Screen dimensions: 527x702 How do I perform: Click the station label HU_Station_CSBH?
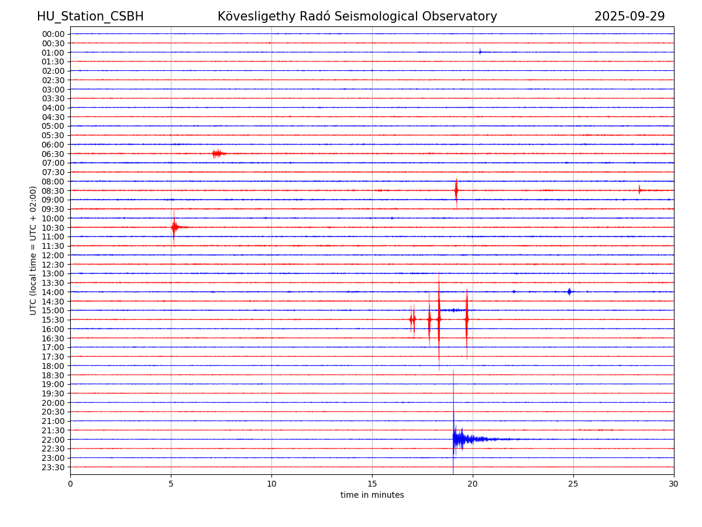pyautogui.click(x=90, y=16)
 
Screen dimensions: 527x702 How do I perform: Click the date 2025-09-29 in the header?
pyautogui.click(x=629, y=16)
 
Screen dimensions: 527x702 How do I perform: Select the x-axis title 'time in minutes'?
pyautogui.click(x=372, y=495)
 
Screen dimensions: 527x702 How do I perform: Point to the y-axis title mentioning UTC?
pyautogui.click(x=33, y=251)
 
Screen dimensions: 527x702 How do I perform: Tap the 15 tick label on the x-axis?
pyautogui.click(x=372, y=484)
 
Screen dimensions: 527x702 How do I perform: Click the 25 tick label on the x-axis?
pyautogui.click(x=573, y=484)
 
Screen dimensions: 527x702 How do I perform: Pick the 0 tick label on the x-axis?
pyautogui.click(x=70, y=484)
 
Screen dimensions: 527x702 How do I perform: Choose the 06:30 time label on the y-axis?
pyautogui.click(x=53, y=153)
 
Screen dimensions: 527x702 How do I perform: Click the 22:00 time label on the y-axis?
pyautogui.click(x=53, y=439)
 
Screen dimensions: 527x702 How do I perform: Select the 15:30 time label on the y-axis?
pyautogui.click(x=53, y=320)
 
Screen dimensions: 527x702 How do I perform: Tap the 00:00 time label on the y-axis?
pyautogui.click(x=53, y=34)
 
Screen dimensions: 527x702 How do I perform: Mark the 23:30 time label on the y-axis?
pyautogui.click(x=53, y=467)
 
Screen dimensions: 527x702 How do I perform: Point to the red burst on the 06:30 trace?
pyautogui.click(x=217, y=153)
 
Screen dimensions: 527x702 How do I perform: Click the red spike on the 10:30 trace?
pyautogui.click(x=174, y=227)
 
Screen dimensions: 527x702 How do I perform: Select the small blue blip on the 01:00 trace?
pyautogui.click(x=480, y=52)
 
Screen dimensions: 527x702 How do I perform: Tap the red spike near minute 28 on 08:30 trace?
pyautogui.click(x=639, y=190)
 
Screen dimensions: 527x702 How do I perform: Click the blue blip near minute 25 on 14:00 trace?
pyautogui.click(x=569, y=291)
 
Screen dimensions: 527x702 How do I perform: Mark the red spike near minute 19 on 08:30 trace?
pyautogui.click(x=456, y=190)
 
